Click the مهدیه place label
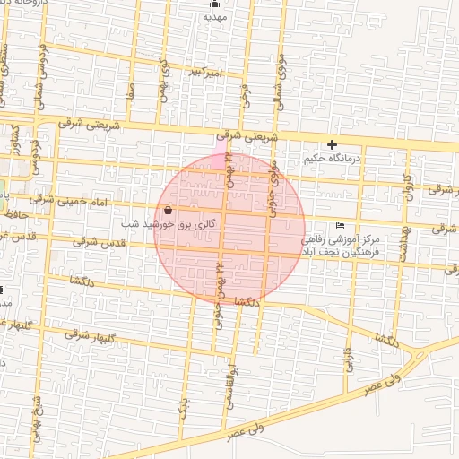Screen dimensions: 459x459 pos(212,16)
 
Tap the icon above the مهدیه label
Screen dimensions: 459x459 pos(212,4)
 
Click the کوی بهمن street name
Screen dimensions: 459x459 pos(164,77)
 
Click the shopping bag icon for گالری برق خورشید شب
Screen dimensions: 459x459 pos(169,210)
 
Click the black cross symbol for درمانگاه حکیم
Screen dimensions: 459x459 pos(333,144)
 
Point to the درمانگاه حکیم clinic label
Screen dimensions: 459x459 pos(336,159)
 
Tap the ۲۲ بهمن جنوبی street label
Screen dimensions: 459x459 pos(218,292)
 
